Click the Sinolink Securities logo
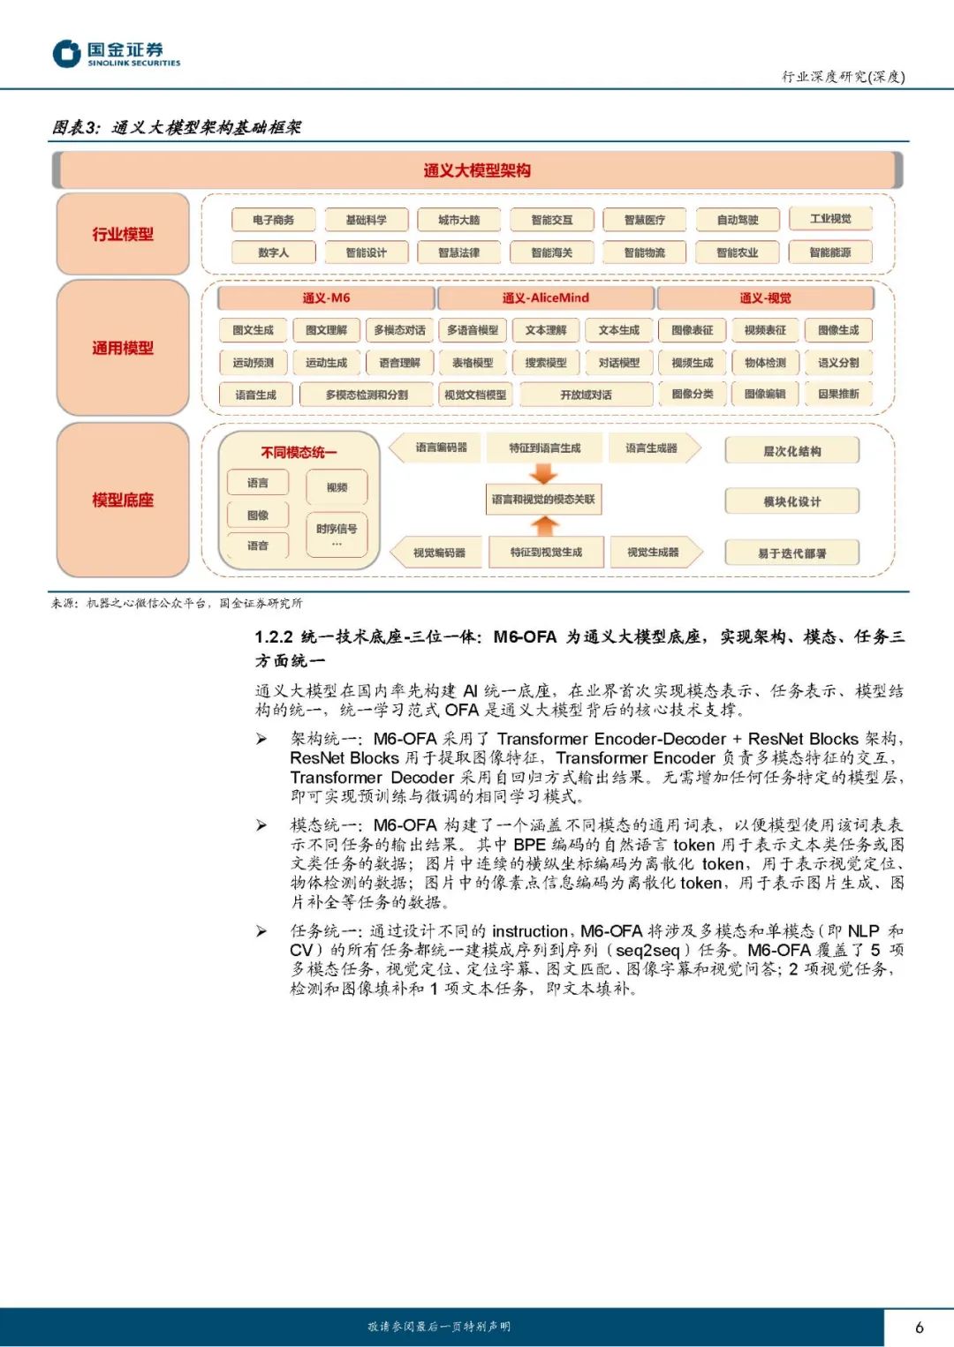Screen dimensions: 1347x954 pyautogui.click(x=116, y=54)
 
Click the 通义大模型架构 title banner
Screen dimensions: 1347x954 pyautogui.click(x=477, y=170)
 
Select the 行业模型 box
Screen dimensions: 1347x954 pyautogui.click(x=123, y=234)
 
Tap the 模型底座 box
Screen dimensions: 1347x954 pyautogui.click(x=123, y=500)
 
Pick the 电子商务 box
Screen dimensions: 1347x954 pyautogui.click(x=273, y=220)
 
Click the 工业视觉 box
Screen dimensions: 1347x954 pyautogui.click(x=830, y=219)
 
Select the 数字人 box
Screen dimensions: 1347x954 pyautogui.click(x=273, y=252)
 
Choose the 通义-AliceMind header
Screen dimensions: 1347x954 pyautogui.click(x=545, y=297)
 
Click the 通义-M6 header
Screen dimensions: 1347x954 pyautogui.click(x=326, y=297)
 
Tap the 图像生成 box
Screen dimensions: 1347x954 pyautogui.click(x=838, y=330)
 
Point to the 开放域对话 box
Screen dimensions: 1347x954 pyautogui.click(x=586, y=395)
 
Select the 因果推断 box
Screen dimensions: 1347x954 pyautogui.click(x=838, y=394)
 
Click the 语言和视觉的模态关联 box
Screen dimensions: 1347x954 pyautogui.click(x=543, y=500)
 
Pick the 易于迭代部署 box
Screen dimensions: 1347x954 pyautogui.click(x=791, y=553)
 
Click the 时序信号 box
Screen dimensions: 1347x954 pyautogui.click(x=337, y=533)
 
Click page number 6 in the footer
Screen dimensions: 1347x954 pyautogui.click(x=920, y=1327)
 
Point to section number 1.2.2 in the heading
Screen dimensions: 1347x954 pyautogui.click(x=274, y=636)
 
